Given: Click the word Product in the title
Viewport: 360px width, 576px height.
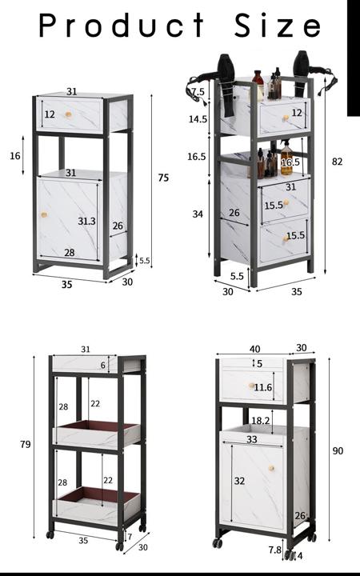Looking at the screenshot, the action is click(x=122, y=25).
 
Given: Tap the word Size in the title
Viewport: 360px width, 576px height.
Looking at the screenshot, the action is click(x=278, y=25).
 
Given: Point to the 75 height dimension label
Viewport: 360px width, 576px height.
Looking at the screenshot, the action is click(x=163, y=178).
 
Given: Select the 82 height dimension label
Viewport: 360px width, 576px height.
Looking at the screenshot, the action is click(x=337, y=162).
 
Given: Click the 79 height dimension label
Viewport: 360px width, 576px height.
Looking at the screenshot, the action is click(x=26, y=444).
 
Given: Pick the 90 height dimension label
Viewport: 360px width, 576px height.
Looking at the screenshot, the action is click(x=338, y=450).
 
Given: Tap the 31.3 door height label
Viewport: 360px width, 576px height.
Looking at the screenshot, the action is click(x=86, y=221).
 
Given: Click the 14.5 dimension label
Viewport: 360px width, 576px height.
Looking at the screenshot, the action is click(x=198, y=119).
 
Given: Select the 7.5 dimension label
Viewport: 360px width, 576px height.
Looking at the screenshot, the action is click(x=198, y=91).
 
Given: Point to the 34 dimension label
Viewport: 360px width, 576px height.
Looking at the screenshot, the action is click(x=198, y=214).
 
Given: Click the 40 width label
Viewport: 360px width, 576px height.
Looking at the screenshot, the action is click(x=254, y=349).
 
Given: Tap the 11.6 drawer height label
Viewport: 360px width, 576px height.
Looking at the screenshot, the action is click(x=263, y=387).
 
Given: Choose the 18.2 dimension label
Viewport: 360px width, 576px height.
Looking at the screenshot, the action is click(x=261, y=421).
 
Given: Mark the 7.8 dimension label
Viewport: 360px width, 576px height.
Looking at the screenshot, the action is click(x=274, y=550).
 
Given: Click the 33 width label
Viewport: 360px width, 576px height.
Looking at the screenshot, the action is click(x=252, y=439).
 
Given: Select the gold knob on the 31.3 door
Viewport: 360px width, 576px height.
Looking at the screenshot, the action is click(x=44, y=214).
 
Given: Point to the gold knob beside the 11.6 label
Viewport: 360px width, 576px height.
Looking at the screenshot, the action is click(x=252, y=386).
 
